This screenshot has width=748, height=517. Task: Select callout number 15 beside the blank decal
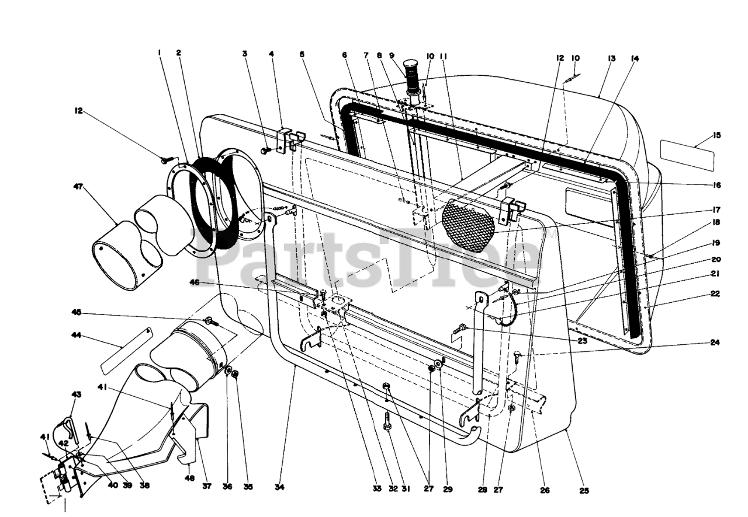(717, 135)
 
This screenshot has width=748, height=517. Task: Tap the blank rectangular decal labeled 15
(687, 154)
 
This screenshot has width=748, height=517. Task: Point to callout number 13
(612, 58)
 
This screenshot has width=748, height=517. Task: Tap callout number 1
(159, 53)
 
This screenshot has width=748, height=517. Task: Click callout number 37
(206, 485)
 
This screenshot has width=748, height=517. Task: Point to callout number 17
(716, 209)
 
